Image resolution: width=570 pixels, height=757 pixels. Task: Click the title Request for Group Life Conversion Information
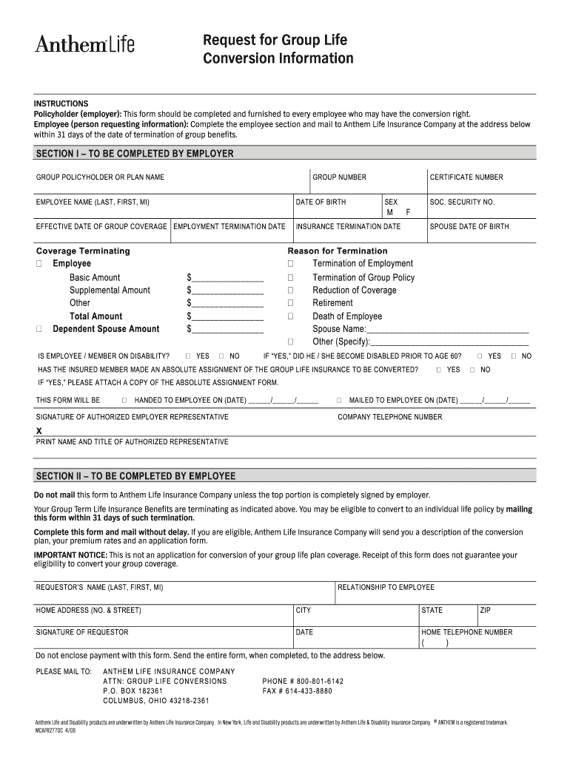click(278, 49)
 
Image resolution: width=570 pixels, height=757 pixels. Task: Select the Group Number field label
click(339, 177)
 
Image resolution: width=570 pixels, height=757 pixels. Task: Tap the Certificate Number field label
click(466, 177)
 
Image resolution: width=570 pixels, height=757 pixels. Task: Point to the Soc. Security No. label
click(462, 202)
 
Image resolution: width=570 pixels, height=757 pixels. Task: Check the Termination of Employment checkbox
click(291, 264)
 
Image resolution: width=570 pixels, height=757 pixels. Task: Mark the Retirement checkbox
click(291, 303)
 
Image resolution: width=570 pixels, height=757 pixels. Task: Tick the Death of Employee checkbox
click(291, 316)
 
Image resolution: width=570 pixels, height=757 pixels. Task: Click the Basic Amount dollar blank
click(226, 277)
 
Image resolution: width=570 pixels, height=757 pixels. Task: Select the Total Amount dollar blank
click(226, 316)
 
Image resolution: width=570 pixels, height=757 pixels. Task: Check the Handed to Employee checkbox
click(124, 400)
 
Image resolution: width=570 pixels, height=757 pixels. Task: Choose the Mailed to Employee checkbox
click(339, 400)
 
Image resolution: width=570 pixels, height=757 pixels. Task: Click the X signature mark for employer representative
click(39, 430)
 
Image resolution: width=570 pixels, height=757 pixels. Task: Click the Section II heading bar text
click(135, 475)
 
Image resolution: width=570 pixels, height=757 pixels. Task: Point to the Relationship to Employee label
click(386, 588)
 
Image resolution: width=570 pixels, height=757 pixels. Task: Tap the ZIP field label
click(486, 611)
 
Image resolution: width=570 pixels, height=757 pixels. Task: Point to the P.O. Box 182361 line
click(133, 691)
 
